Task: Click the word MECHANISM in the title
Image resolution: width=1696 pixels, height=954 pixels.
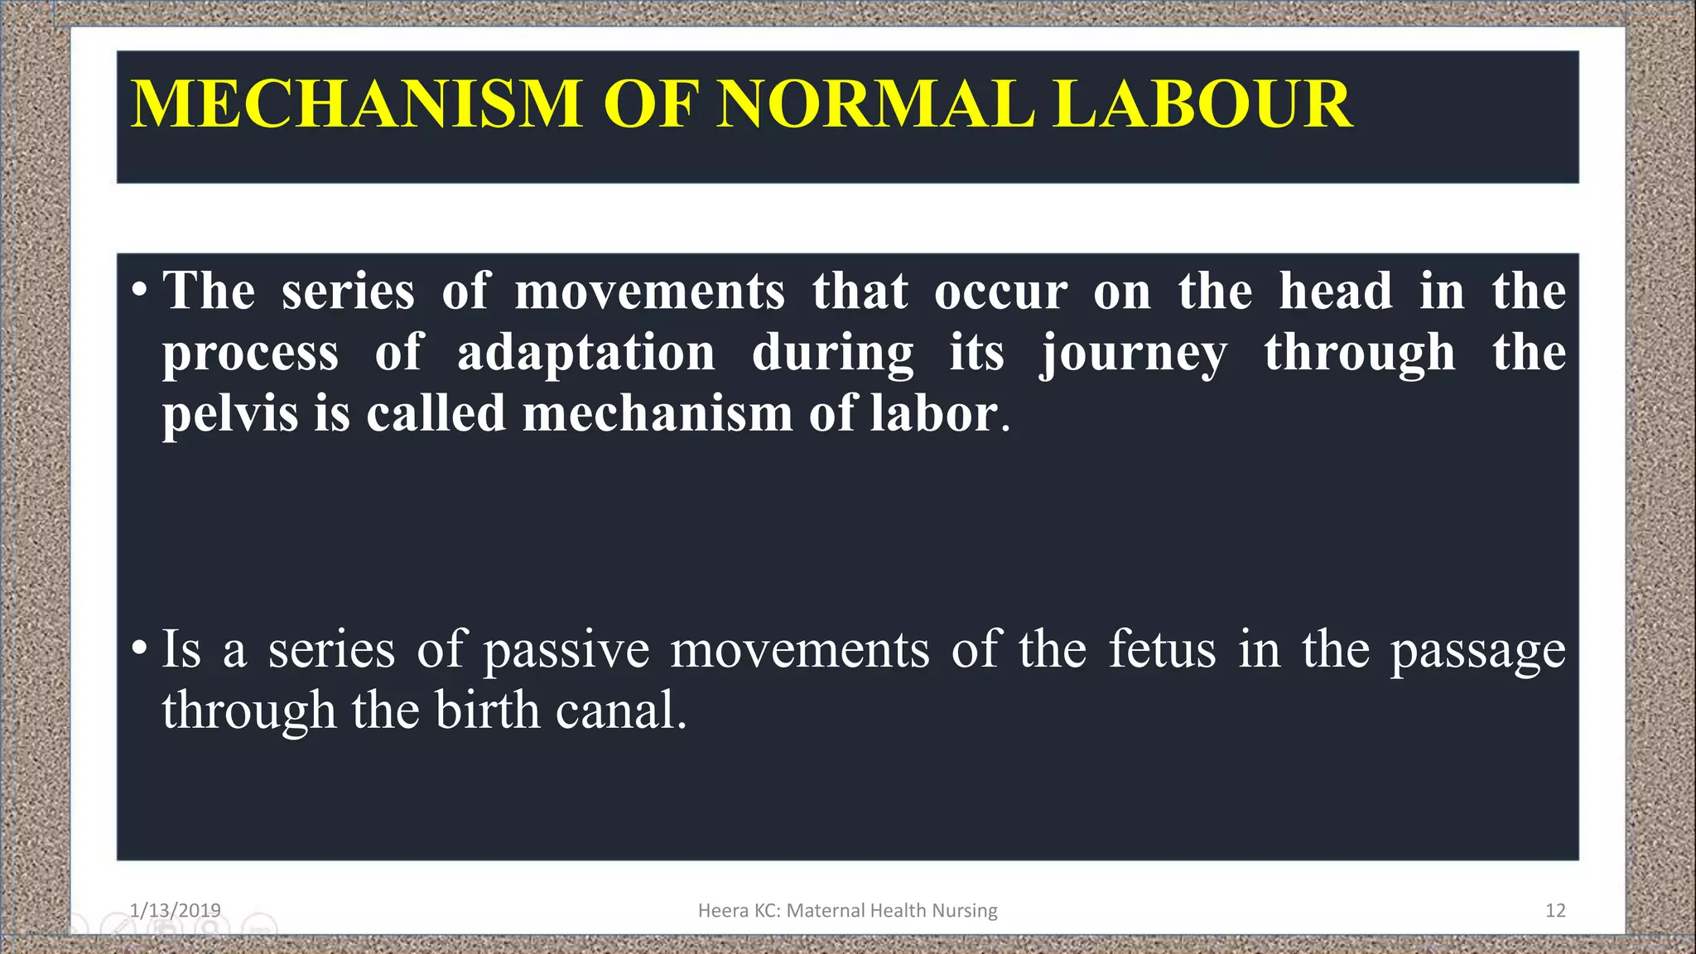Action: tap(356, 104)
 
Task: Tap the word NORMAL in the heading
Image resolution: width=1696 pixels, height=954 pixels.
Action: tap(875, 104)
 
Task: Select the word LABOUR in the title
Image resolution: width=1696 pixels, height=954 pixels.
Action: tap(1202, 104)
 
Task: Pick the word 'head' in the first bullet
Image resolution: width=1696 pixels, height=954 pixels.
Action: tap(1336, 291)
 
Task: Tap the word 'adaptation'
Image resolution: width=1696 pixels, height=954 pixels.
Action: tap(585, 353)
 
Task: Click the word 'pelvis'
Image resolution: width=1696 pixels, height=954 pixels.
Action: tap(229, 414)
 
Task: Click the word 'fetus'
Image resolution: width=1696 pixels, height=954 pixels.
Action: tap(1162, 649)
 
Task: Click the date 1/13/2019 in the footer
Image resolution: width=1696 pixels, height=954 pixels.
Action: tap(176, 910)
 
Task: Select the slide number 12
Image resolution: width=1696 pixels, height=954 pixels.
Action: tap(1555, 910)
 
